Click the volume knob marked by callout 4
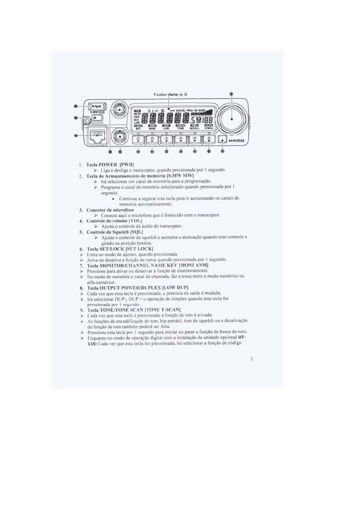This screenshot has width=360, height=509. [120, 109]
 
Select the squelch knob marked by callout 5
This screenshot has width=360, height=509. [120, 135]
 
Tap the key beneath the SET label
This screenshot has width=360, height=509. [138, 140]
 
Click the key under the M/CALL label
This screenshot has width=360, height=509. [195, 140]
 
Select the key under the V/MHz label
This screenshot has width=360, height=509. [209, 140]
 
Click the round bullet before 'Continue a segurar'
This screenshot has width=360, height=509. [113, 199]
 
